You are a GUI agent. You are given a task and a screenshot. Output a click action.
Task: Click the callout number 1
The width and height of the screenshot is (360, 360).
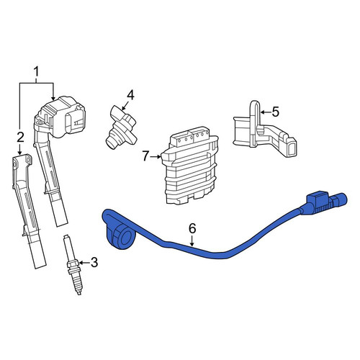pyautogui.click(x=36, y=72)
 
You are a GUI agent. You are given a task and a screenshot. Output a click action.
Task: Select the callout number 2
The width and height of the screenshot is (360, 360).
pyautogui.click(x=20, y=138)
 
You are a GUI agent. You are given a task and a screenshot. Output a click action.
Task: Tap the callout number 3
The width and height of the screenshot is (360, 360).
pyautogui.click(x=94, y=263)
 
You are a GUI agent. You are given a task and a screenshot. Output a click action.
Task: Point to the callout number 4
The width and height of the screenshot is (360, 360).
pyautogui.click(x=130, y=95)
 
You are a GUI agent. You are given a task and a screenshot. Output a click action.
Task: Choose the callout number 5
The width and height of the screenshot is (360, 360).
pyautogui.click(x=276, y=112)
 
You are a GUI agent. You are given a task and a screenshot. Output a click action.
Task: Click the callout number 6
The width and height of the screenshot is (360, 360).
pyautogui.click(x=192, y=228)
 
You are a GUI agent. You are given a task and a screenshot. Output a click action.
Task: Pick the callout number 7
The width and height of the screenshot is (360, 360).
pyautogui.click(x=145, y=156)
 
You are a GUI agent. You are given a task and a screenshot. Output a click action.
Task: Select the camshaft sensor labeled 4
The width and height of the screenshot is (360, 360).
pyautogui.click(x=121, y=127)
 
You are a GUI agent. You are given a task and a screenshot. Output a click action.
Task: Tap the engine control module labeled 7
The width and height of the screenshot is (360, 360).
pyautogui.click(x=189, y=166)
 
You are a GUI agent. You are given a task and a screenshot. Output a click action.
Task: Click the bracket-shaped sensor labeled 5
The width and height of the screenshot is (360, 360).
pyautogui.click(x=264, y=130)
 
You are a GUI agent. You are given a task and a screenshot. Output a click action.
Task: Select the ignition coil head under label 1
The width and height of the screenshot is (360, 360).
pyautogui.click(x=61, y=117)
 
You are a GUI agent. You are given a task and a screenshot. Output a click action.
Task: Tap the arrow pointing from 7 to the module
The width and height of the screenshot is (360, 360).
pyautogui.click(x=156, y=157)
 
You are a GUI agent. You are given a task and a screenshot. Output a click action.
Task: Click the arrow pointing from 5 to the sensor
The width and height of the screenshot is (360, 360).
pyautogui.click(x=265, y=112)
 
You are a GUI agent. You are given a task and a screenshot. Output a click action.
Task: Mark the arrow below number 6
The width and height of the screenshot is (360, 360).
pyautogui.click(x=192, y=240)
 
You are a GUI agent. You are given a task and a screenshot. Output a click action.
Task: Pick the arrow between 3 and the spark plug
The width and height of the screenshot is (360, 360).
pyautogui.click(x=84, y=263)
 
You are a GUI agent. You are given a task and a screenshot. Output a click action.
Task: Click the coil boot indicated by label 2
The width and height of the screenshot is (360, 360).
pyautogui.click(x=29, y=211)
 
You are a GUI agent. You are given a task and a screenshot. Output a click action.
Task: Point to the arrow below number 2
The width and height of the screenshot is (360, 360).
pyautogui.click(x=20, y=149)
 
